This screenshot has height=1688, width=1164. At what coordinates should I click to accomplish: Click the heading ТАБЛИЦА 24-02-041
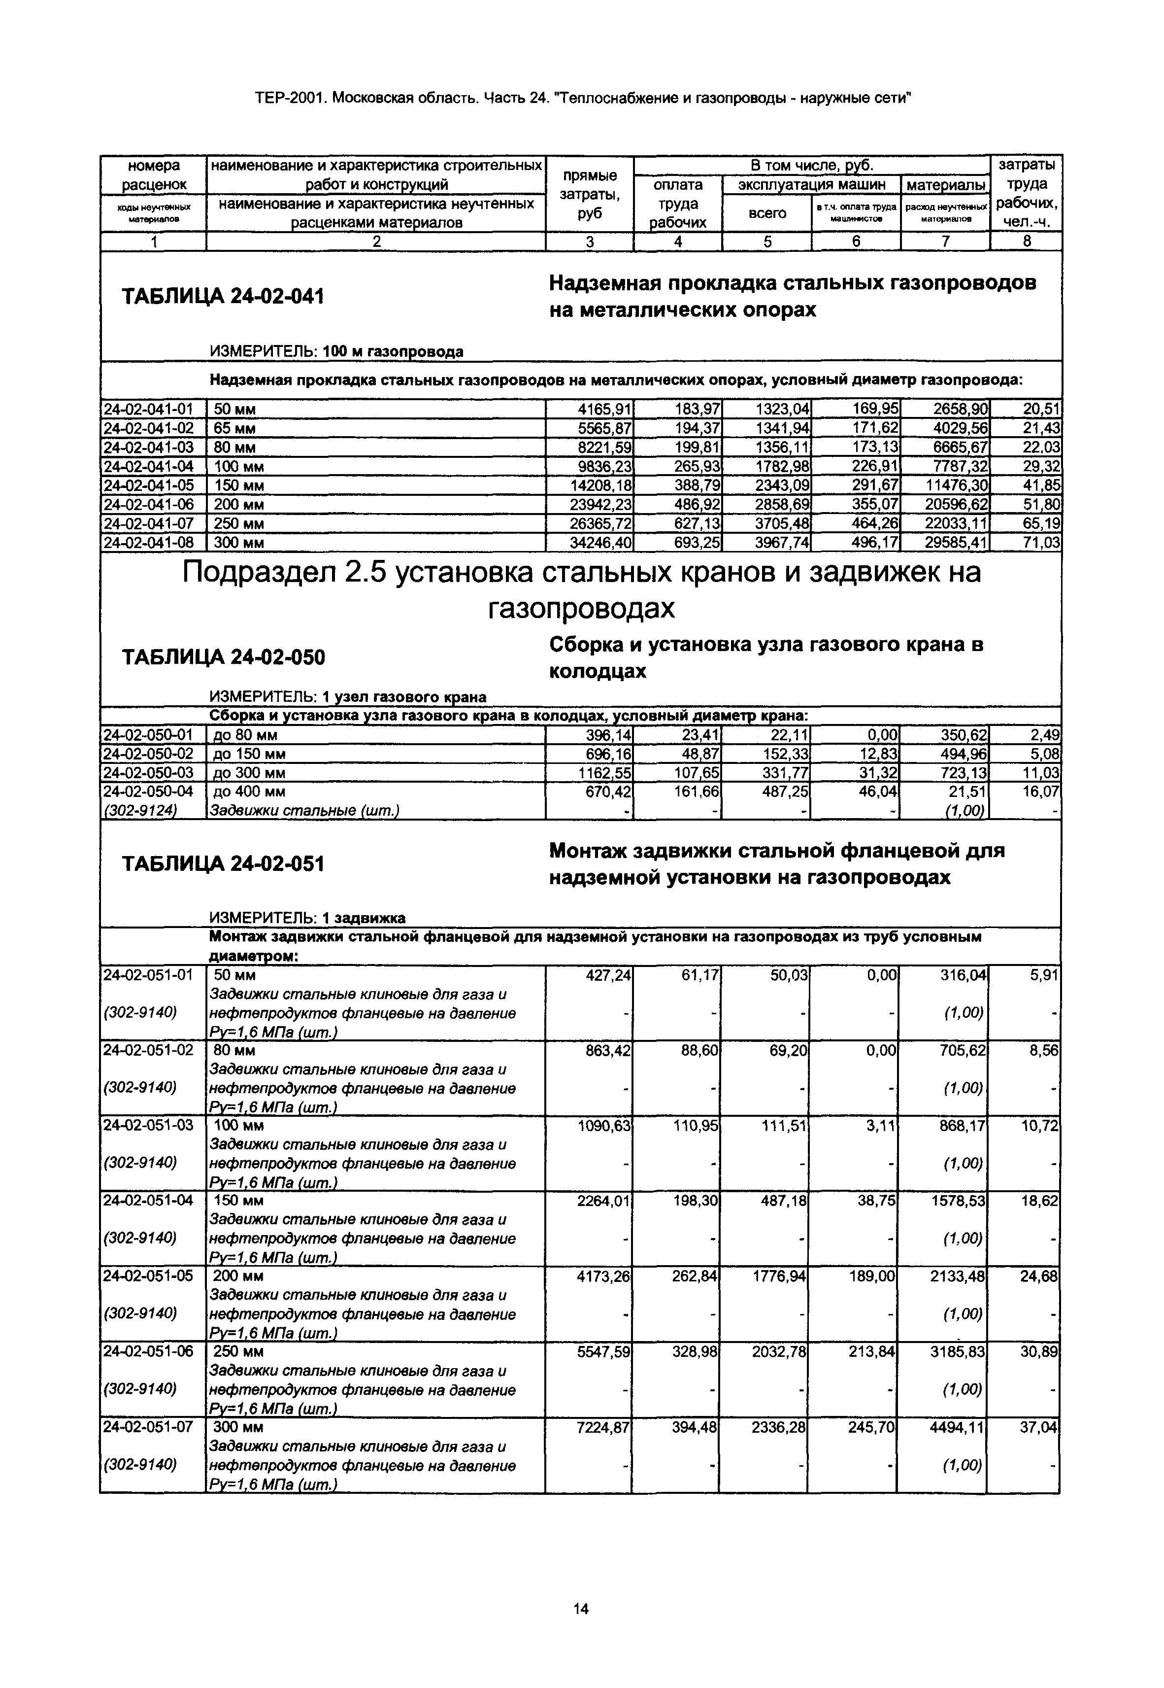[x=223, y=297]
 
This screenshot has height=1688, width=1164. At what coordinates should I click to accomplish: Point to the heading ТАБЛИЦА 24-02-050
[x=223, y=658]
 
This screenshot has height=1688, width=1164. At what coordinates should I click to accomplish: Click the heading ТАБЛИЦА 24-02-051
[x=223, y=864]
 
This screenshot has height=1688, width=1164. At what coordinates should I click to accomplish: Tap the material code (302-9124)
[x=141, y=810]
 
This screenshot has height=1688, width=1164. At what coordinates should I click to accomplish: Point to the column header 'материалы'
[x=945, y=185]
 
